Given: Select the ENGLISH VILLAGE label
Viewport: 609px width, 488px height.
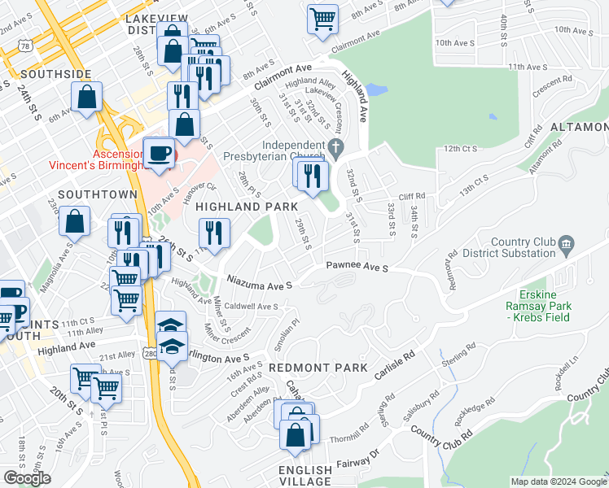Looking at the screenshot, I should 305,477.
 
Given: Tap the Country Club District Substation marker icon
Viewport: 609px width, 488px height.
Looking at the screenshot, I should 567,243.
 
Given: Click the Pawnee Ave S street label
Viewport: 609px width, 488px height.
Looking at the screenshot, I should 357,266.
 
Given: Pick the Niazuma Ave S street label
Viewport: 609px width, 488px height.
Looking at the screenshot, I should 259,285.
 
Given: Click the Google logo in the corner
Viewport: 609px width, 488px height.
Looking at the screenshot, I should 27,478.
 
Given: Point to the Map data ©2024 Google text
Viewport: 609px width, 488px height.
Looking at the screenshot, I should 558,481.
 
